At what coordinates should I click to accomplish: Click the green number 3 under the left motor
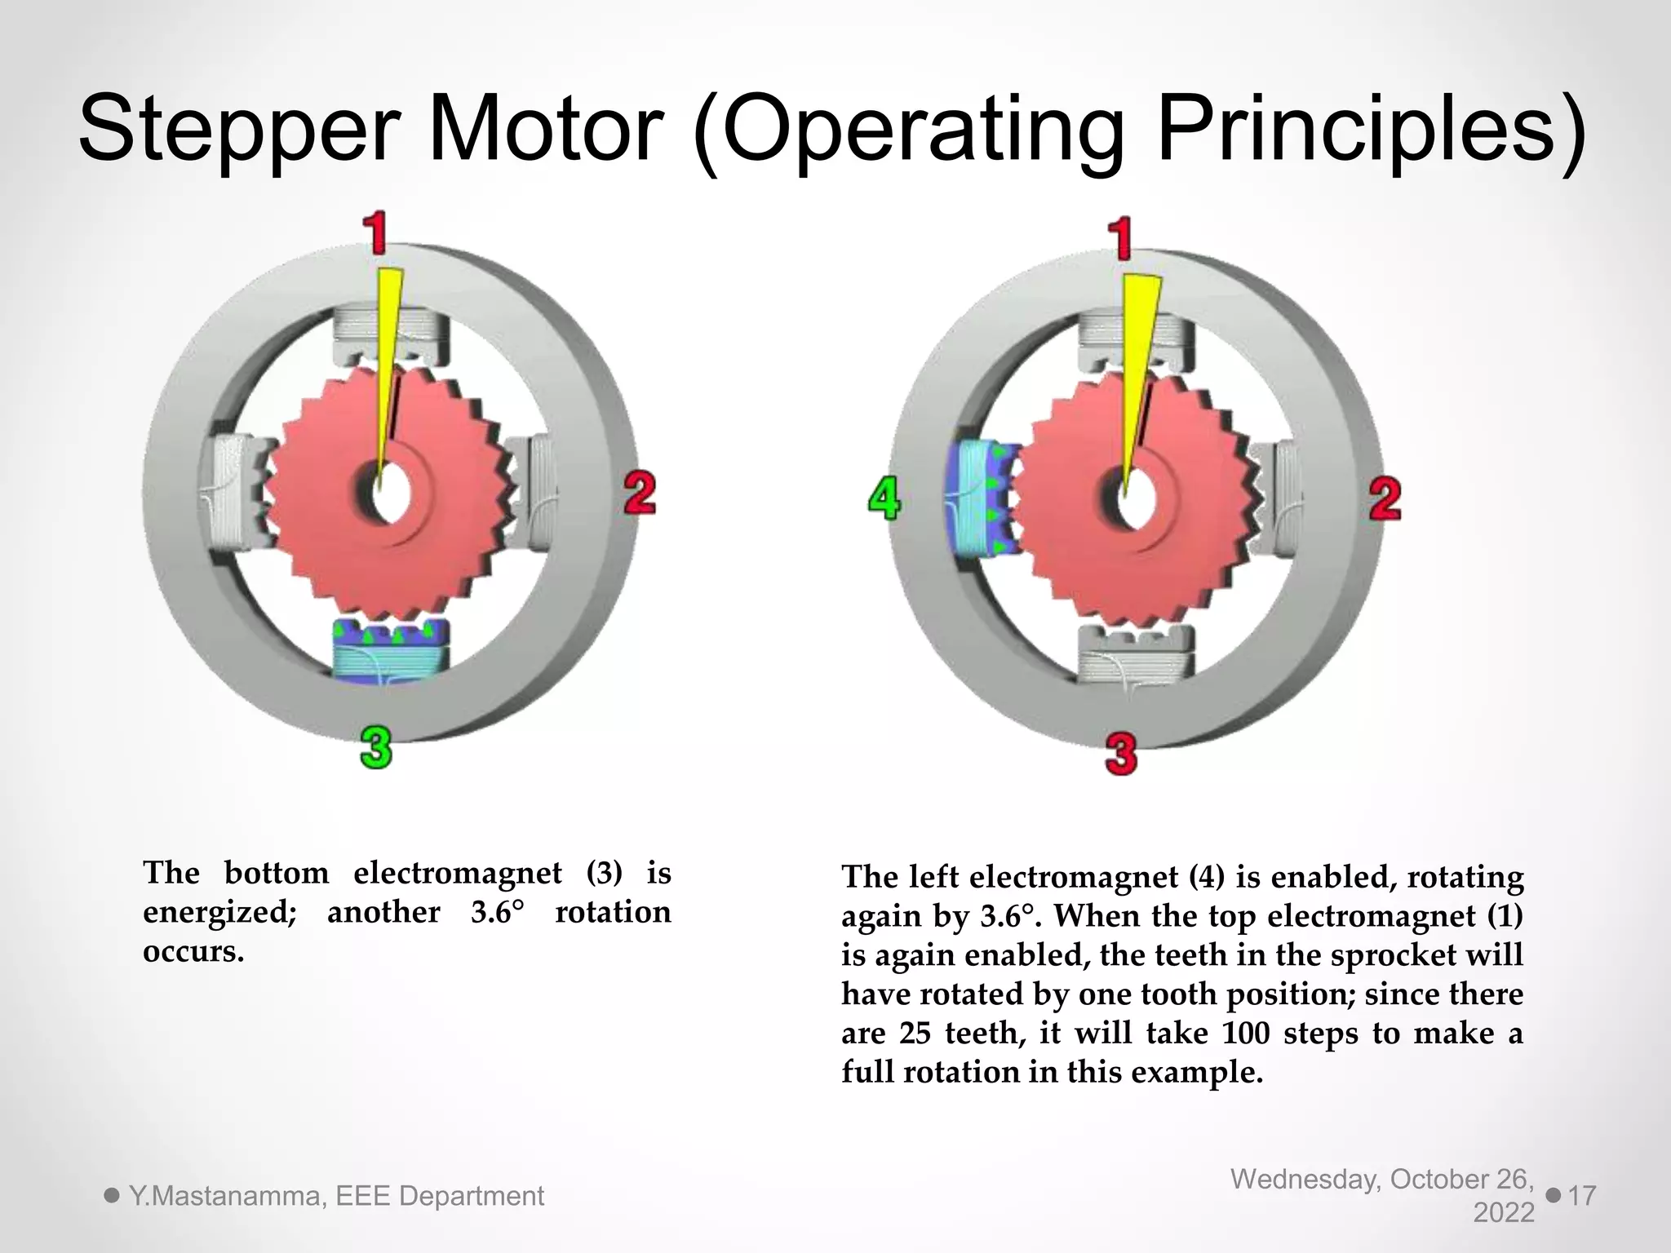coord(375,748)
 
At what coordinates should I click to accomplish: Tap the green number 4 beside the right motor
coord(884,498)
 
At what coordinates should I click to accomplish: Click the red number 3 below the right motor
coord(1121,754)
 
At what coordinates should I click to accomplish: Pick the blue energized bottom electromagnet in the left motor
coord(391,649)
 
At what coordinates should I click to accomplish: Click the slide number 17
coord(1582,1196)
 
